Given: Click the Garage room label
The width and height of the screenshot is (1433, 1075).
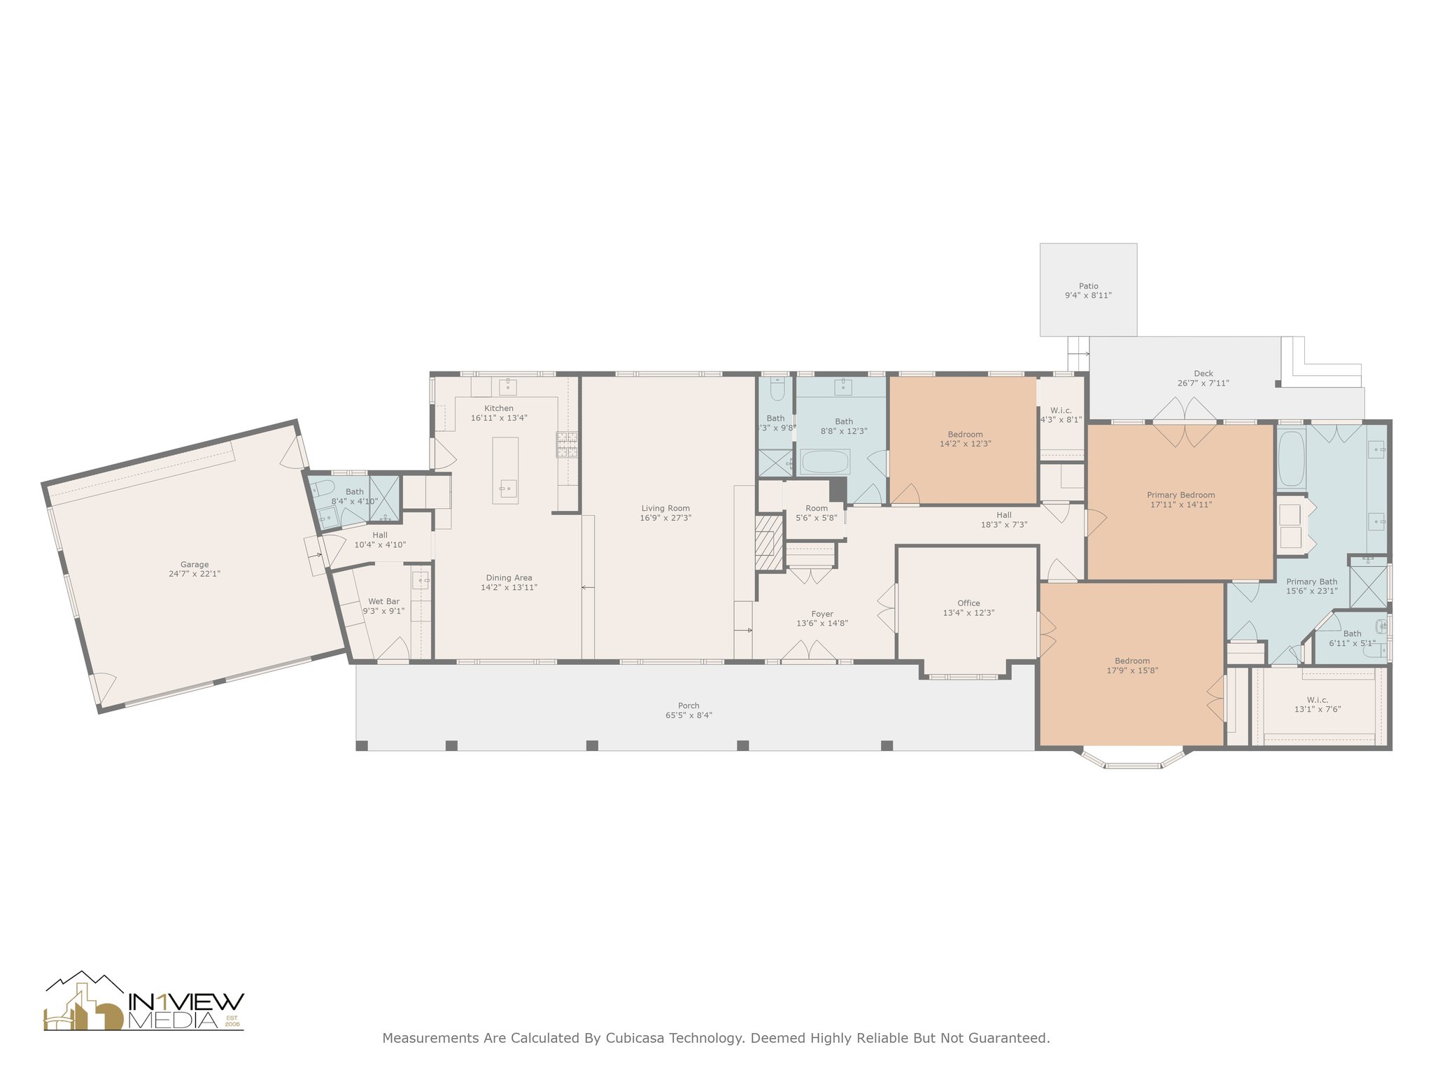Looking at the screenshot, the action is (195, 565).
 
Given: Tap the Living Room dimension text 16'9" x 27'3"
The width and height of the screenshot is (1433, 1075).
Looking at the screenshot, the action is (665, 518).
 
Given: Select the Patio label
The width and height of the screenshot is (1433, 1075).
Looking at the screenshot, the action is (1088, 286).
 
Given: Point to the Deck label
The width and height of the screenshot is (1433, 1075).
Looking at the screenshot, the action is (1203, 374).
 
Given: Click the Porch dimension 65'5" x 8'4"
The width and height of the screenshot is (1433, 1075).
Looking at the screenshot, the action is (689, 715).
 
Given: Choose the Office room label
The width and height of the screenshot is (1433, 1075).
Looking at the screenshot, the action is (968, 603).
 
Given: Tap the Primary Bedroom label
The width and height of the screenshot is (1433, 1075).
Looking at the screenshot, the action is (1181, 495).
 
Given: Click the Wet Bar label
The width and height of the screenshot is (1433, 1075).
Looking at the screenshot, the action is (383, 601).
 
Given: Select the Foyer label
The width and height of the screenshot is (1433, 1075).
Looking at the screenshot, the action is (822, 614).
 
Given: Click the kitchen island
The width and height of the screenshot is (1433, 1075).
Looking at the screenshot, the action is (506, 470).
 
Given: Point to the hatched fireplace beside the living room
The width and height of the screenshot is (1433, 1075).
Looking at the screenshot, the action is (769, 543).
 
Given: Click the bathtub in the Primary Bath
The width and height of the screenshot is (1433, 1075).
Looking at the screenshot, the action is (1291, 459).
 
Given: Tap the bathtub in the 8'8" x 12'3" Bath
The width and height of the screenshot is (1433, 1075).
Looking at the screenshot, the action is (825, 462).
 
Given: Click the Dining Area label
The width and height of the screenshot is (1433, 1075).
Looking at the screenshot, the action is (509, 578).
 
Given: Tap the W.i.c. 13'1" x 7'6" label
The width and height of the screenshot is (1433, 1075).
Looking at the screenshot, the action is (1318, 704).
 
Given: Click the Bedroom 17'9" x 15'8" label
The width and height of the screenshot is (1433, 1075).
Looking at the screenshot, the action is (1132, 666).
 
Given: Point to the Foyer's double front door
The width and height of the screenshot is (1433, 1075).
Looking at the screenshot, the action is (809, 652).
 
